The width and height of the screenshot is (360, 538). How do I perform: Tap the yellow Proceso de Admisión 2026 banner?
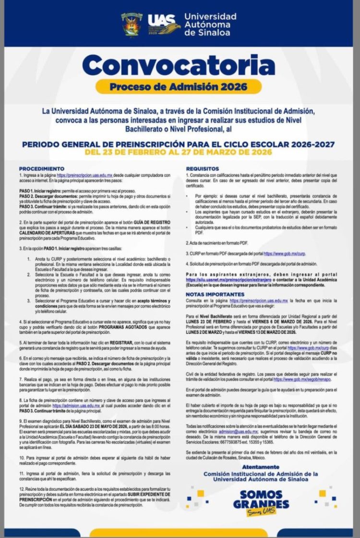178,87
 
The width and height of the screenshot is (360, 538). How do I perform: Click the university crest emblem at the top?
132,24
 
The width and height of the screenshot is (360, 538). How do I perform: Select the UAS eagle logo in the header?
163,24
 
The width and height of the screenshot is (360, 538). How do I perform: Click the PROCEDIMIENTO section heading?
42,169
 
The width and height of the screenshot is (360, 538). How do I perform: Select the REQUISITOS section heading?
203,169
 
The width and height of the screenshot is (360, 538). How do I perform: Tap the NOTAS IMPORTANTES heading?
215,293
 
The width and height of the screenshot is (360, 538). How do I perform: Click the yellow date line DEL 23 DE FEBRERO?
178,152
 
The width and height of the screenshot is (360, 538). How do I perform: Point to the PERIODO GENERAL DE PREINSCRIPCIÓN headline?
178,144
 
